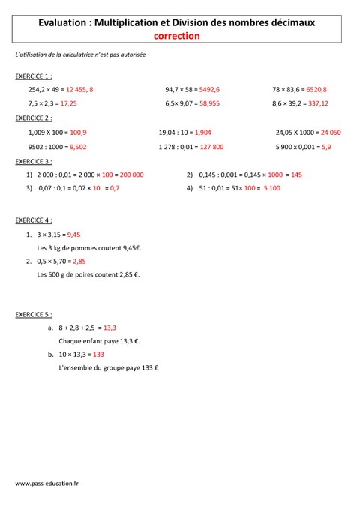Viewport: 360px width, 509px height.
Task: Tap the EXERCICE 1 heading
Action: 33,76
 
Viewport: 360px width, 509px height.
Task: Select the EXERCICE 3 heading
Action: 33,161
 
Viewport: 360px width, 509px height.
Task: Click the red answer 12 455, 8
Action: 79,90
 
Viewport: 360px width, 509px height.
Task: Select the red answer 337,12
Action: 319,103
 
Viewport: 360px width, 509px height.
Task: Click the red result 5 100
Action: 271,188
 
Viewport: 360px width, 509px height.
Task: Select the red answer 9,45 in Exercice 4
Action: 73,235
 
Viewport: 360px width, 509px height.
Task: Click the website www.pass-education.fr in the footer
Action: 46,485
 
